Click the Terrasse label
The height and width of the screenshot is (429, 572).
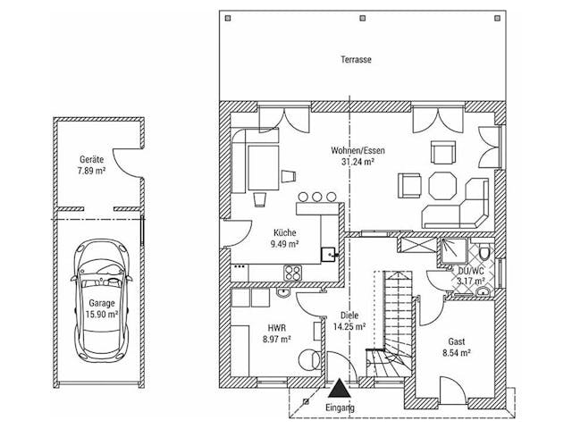click(356, 60)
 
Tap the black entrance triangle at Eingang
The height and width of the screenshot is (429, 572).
click(340, 388)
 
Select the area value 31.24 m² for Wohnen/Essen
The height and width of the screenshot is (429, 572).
click(357, 162)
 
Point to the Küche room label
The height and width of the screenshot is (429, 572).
click(285, 232)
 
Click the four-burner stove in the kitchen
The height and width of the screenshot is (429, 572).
click(293, 273)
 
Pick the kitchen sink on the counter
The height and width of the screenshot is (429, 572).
click(328, 254)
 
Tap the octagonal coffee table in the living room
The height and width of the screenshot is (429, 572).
click(442, 186)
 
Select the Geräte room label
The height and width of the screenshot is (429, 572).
click(91, 159)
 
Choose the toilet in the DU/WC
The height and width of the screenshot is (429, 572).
click(484, 253)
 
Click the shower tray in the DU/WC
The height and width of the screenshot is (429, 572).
click(453, 250)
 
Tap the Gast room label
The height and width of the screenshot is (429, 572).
click(457, 341)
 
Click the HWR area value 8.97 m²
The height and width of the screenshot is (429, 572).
click(276, 340)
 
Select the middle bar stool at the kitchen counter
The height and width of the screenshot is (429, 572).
click(317, 197)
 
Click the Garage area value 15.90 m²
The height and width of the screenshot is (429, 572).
click(101, 315)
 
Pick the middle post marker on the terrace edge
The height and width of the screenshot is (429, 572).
click(362, 18)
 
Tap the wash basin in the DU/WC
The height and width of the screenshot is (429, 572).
click(484, 290)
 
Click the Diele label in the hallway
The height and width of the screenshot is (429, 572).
click(349, 315)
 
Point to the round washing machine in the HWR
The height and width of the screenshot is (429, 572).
click(310, 359)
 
